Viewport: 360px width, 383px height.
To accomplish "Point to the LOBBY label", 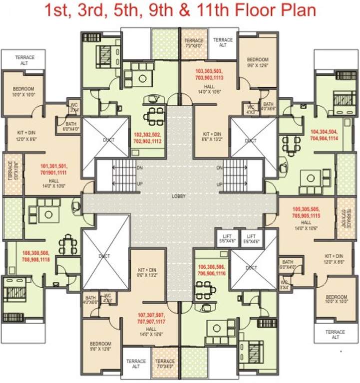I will click(x=178, y=196).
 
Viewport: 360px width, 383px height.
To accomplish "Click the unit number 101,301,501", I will click(x=54, y=166).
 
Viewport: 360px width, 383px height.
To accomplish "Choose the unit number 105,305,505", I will click(x=306, y=209).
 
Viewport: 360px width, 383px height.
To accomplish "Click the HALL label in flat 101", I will click(x=53, y=180).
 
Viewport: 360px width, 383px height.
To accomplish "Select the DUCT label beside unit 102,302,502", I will click(x=108, y=140).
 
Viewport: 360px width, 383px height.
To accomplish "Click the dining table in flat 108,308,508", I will click(x=66, y=244).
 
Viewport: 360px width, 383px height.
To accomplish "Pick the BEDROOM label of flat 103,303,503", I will click(x=258, y=59).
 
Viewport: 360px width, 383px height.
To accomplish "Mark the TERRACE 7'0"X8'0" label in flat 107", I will click(x=165, y=364).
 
